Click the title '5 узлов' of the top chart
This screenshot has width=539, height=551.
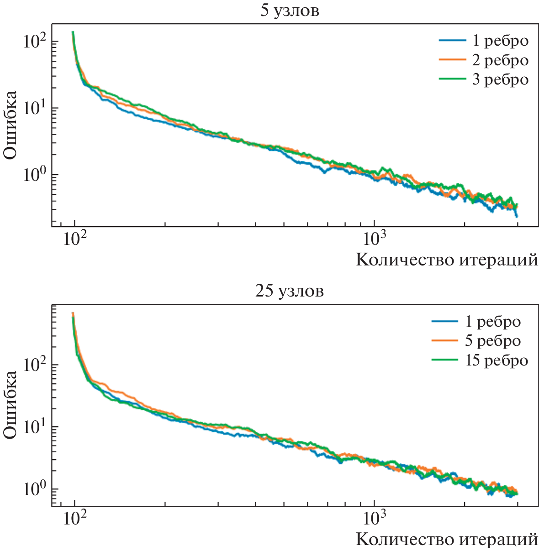(289, 11)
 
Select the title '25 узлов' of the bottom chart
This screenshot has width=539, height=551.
(289, 291)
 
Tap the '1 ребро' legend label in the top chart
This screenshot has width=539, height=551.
(500, 41)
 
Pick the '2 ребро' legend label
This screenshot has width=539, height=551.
(500, 60)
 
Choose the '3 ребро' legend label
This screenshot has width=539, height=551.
(500, 79)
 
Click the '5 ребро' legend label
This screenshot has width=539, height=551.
(492, 341)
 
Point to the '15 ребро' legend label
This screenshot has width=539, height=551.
(497, 360)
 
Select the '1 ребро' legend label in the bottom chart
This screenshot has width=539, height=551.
(492, 321)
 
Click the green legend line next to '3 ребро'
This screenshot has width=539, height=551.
(452, 79)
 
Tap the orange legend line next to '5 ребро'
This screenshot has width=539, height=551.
(444, 341)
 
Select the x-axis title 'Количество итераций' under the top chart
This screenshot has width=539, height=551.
(447, 260)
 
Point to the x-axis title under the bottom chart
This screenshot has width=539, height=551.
(447, 540)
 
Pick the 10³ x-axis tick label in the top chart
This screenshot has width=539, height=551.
(374, 238)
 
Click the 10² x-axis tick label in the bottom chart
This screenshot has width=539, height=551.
(74, 518)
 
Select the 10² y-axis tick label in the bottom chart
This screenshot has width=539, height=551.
(35, 365)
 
